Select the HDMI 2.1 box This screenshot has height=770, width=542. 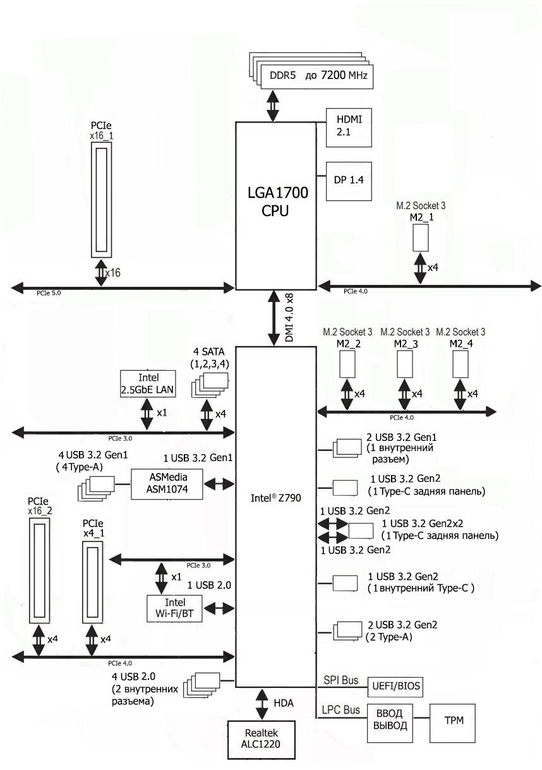(347, 126)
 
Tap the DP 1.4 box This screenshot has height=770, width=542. (347, 179)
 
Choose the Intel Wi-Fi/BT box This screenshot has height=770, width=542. (174, 608)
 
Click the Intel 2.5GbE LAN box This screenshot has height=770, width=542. (148, 383)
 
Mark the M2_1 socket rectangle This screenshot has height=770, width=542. (421, 237)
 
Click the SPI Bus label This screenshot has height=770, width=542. (340, 680)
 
